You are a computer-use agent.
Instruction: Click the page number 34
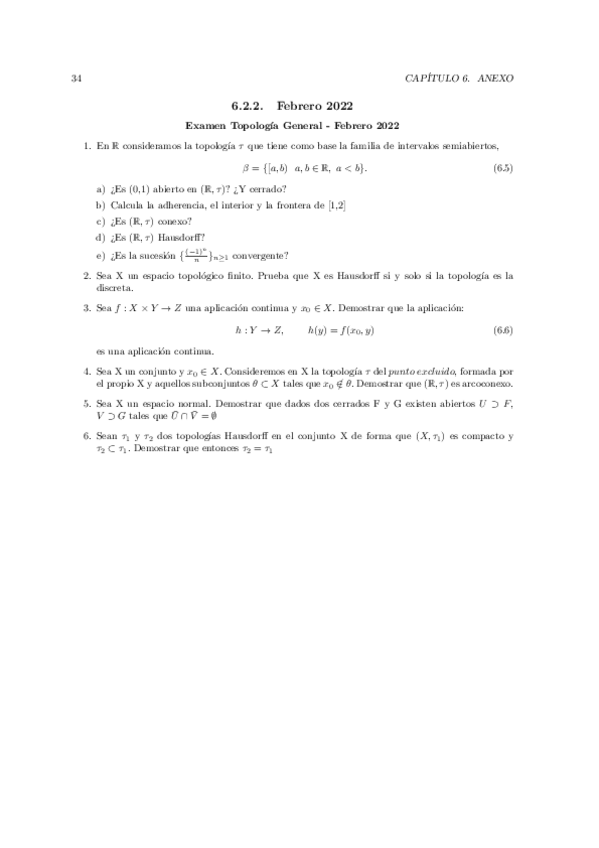click(x=77, y=77)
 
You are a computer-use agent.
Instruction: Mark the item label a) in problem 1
click(x=100, y=187)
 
